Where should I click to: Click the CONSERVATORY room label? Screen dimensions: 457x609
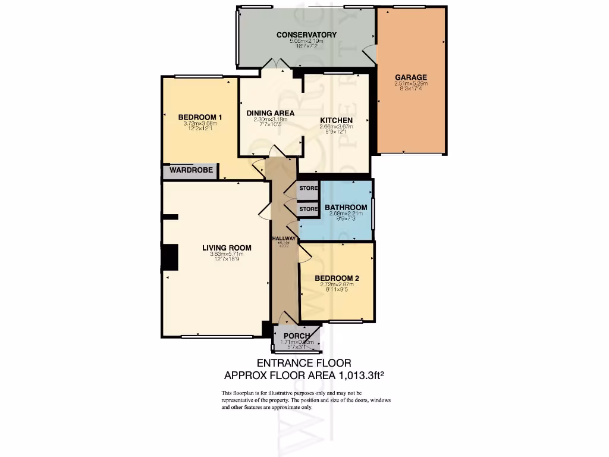pyautogui.click(x=306, y=35)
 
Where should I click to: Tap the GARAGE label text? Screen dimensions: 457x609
pyautogui.click(x=411, y=77)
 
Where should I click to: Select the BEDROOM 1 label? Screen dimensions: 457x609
pyautogui.click(x=200, y=117)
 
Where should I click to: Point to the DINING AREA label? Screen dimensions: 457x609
pyautogui.click(x=271, y=112)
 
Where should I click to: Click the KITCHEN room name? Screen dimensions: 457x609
pyautogui.click(x=336, y=120)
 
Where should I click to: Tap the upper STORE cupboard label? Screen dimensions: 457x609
pyautogui.click(x=308, y=189)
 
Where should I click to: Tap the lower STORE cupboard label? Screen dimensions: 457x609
pyautogui.click(x=308, y=209)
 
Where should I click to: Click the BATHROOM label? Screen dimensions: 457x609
pyautogui.click(x=346, y=207)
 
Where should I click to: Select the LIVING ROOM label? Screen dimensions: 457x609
pyautogui.click(x=226, y=248)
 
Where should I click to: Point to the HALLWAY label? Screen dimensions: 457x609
pyautogui.click(x=284, y=239)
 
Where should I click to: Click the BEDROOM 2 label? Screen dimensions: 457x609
pyautogui.click(x=336, y=278)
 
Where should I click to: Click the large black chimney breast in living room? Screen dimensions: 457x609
pyautogui.click(x=169, y=258)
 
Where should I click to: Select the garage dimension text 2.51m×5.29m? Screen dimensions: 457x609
pyautogui.click(x=411, y=84)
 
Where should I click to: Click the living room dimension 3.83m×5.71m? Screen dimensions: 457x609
pyautogui.click(x=226, y=255)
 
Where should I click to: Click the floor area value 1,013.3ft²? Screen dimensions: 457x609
pyautogui.click(x=360, y=375)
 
